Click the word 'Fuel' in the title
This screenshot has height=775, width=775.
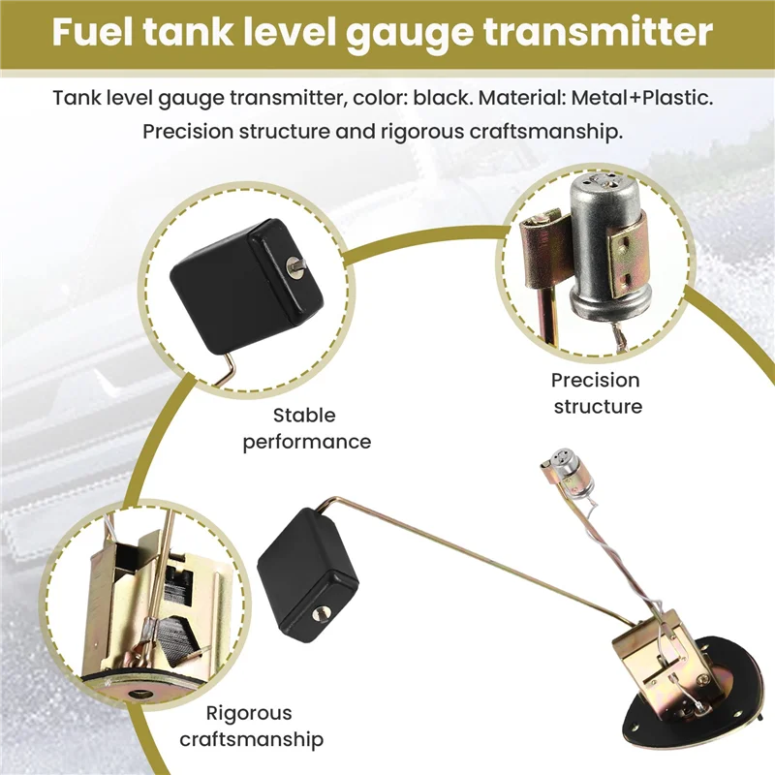[x=97, y=33]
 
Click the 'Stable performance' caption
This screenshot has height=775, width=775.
[x=306, y=428]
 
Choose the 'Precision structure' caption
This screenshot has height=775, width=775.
[x=597, y=392]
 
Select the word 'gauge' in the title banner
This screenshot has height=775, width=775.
[x=414, y=33]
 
